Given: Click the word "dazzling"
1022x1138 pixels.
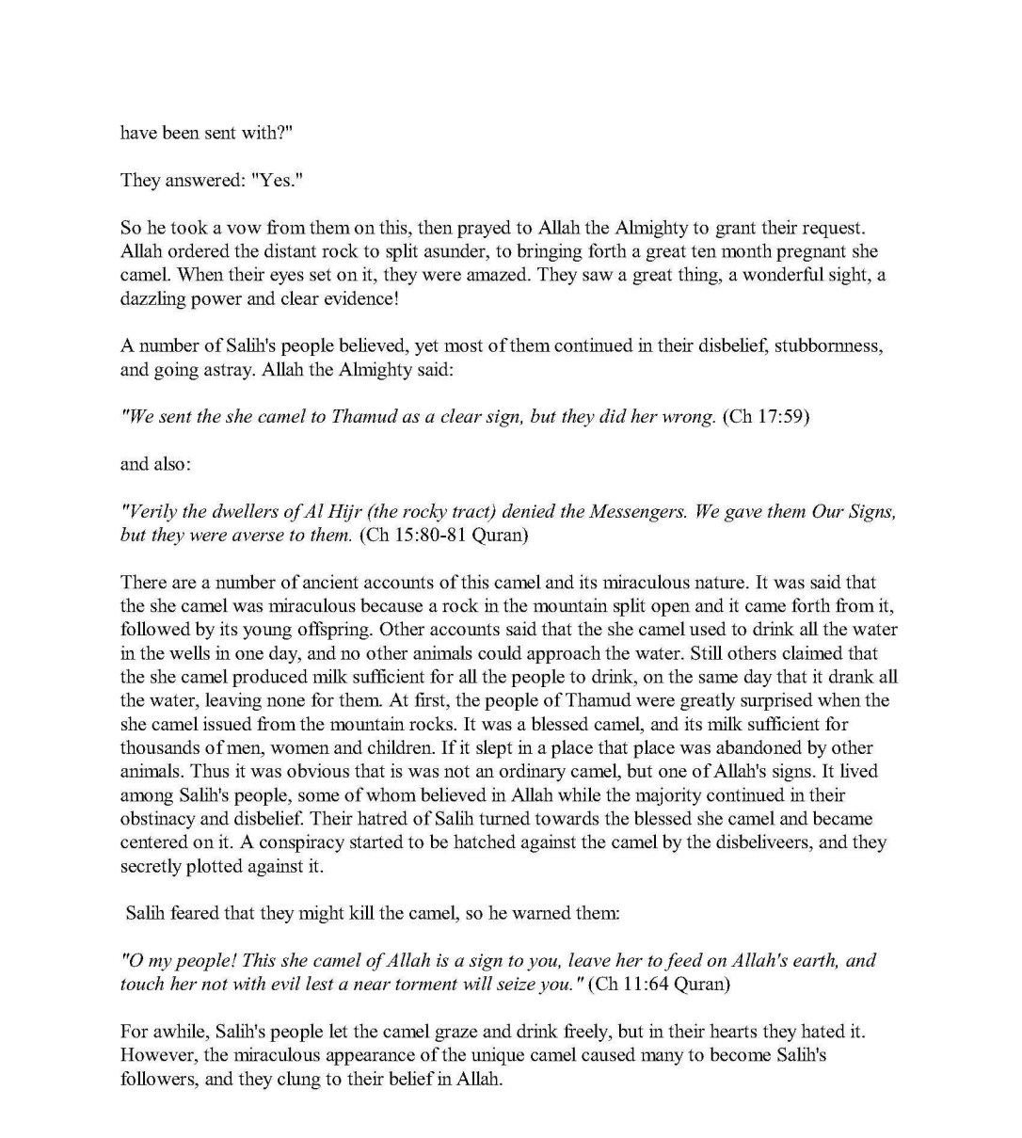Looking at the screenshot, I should click(x=152, y=299).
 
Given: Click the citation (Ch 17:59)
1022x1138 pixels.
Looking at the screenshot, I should click(x=766, y=416).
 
